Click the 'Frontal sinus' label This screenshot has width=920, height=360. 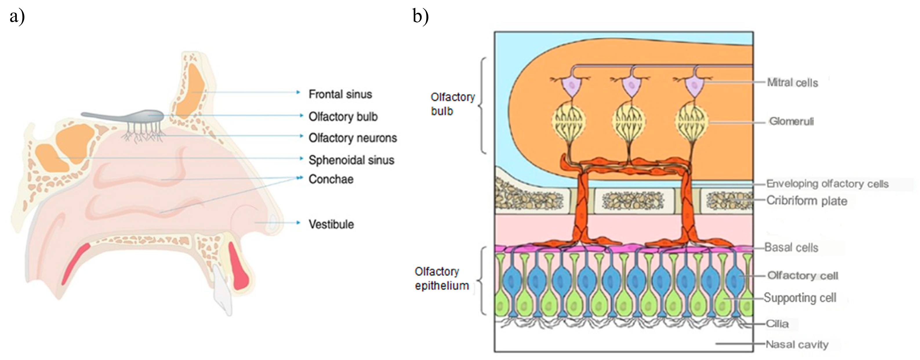point(340,94)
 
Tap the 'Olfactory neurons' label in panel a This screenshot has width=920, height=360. point(353,138)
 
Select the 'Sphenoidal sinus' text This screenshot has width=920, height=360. point(351,160)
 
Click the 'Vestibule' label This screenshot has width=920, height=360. point(331,225)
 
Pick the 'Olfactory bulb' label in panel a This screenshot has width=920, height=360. point(343,117)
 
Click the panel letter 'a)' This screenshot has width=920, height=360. point(17,16)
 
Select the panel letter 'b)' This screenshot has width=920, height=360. point(420,16)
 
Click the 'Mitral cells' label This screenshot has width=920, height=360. point(792,83)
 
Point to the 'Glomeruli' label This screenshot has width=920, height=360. point(791,121)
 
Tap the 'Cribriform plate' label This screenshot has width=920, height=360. point(806,201)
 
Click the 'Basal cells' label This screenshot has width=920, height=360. point(791,248)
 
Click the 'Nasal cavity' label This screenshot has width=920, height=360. point(797,345)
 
